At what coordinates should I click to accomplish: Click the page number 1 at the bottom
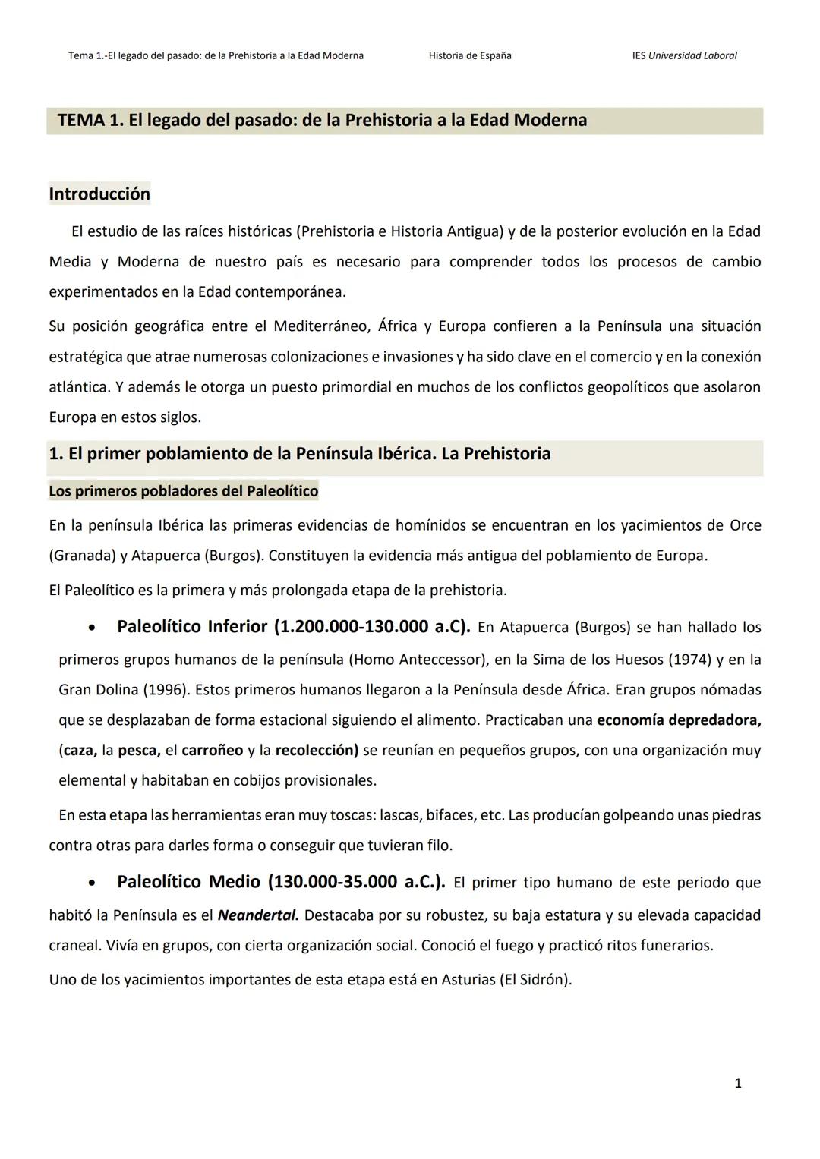point(738,1083)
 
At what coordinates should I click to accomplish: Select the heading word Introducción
point(99,194)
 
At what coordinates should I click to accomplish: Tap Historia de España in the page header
point(469,55)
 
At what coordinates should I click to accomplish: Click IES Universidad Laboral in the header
point(684,55)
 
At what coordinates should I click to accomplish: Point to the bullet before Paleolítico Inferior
point(92,628)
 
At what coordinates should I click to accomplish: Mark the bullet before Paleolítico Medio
point(92,883)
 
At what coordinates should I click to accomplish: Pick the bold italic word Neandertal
point(258,915)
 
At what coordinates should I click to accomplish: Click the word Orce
point(745,525)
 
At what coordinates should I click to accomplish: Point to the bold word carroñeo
point(213,751)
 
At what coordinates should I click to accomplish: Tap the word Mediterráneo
point(321,326)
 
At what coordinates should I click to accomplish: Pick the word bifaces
point(450,815)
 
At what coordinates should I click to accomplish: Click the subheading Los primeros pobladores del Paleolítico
point(183,491)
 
